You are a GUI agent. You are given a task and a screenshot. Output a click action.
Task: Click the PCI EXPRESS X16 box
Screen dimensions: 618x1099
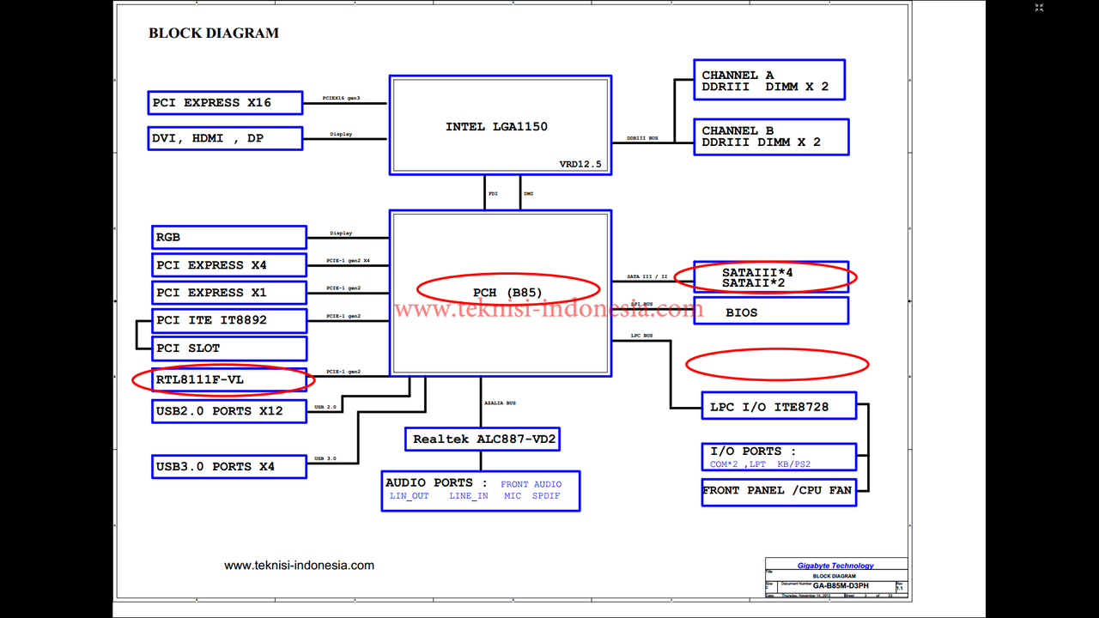tap(225, 103)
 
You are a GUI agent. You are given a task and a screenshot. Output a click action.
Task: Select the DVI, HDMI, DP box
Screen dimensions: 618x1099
tap(225, 138)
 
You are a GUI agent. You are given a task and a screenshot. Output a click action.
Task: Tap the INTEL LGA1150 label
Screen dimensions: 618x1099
tap(496, 127)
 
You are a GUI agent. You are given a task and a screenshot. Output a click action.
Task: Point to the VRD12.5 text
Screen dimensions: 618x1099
tap(580, 164)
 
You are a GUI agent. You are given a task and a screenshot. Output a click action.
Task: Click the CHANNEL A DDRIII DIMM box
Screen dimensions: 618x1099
tap(769, 81)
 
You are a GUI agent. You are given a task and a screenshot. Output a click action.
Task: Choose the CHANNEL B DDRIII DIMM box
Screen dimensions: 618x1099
tap(771, 136)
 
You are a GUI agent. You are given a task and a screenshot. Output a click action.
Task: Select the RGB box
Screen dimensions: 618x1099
tap(229, 237)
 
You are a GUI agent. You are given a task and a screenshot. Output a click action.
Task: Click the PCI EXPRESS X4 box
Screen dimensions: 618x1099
tap(229, 265)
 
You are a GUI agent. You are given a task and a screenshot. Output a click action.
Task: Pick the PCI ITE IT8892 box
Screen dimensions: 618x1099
tap(229, 320)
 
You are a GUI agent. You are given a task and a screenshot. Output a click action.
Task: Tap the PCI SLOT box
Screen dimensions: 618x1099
tap(229, 348)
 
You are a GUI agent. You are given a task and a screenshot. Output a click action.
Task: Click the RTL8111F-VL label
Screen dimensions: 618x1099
tap(200, 379)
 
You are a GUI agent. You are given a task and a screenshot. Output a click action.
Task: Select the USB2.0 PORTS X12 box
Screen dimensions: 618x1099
tap(229, 411)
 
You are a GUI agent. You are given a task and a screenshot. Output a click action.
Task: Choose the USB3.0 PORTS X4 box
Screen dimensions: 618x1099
tap(229, 467)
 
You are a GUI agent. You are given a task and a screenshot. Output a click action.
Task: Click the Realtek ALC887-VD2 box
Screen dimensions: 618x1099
tap(484, 439)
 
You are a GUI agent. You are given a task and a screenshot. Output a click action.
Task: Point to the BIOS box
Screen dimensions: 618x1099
tap(771, 312)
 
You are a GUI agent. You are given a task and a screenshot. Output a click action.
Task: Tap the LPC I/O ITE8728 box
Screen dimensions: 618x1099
tap(779, 407)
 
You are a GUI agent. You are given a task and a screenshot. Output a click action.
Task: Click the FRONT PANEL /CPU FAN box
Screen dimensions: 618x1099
tap(779, 492)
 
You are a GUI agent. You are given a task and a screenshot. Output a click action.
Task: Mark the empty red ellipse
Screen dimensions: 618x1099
tap(777, 365)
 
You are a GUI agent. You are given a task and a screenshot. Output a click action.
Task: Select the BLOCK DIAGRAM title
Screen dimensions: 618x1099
tap(214, 33)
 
